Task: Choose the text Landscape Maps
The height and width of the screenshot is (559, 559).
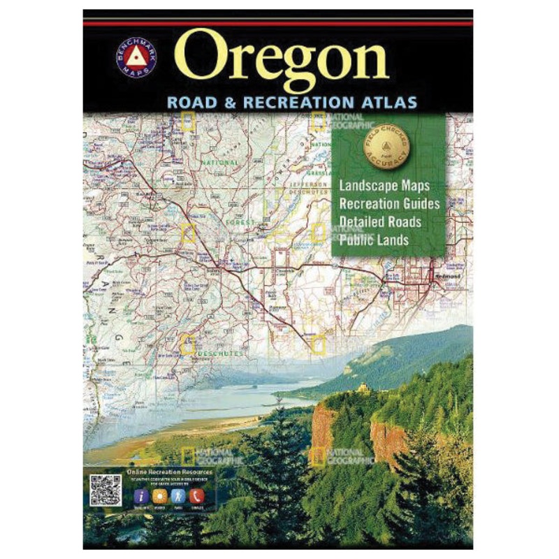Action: click(x=384, y=187)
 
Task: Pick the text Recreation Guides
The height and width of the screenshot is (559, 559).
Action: click(x=389, y=204)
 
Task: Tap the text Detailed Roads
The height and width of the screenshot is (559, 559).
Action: click(x=380, y=222)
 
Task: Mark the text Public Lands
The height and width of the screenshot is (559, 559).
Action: click(x=374, y=240)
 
